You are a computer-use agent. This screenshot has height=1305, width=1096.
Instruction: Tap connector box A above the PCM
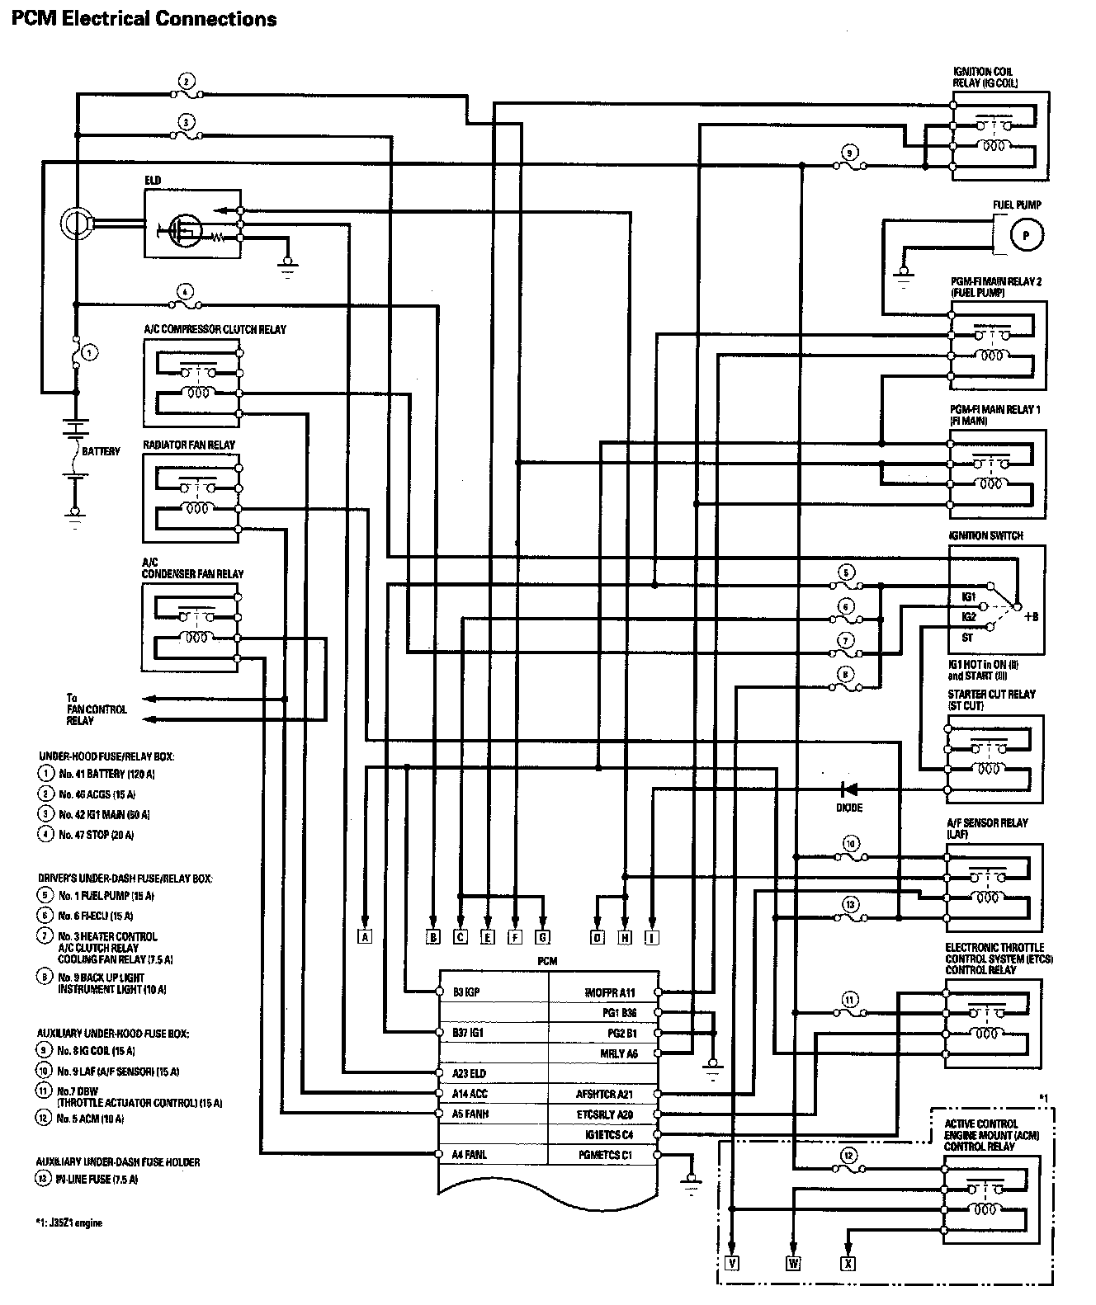pos(365,936)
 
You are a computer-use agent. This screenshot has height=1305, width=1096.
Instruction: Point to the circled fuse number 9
pos(848,152)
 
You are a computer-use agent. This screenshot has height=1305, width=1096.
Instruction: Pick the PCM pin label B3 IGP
pos(466,992)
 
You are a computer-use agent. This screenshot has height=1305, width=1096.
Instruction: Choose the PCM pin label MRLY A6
pos(618,1053)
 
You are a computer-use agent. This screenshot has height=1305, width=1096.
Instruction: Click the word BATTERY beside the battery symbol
pos(101,451)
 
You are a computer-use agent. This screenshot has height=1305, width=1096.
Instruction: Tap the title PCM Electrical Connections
pos(144,18)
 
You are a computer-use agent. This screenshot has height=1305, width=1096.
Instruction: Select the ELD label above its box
pos(153,181)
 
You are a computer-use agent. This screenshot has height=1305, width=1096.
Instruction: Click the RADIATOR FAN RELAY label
pos(189,445)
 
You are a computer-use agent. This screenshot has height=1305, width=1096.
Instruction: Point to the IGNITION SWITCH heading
pos(986,535)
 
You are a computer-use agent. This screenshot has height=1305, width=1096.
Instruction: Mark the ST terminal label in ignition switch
pos(967,637)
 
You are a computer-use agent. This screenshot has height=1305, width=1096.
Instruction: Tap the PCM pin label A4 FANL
pos(470,1154)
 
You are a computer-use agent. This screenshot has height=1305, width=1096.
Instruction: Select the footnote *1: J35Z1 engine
pos(69,1223)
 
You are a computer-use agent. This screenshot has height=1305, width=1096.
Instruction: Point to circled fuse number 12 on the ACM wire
pos(848,1156)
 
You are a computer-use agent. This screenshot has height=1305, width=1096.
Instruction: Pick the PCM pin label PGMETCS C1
pos(605,1155)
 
